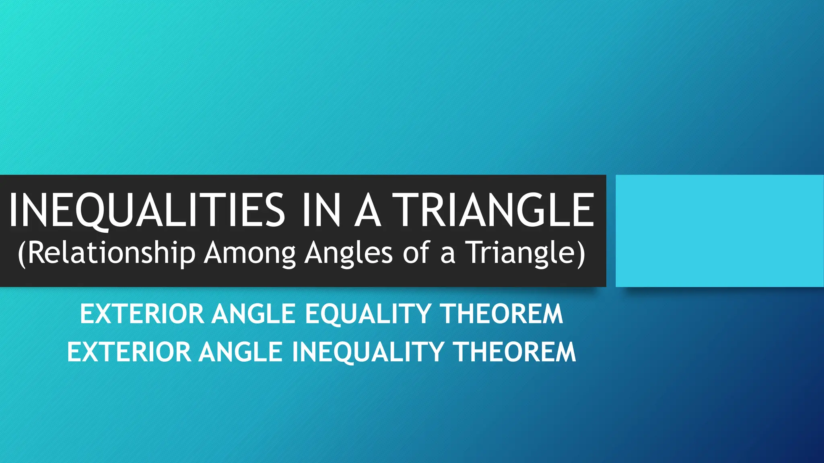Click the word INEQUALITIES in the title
click(x=147, y=210)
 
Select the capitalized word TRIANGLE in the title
click(x=493, y=210)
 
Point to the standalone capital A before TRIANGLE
click(x=368, y=210)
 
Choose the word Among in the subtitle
click(x=249, y=253)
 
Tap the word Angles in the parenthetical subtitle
click(x=348, y=253)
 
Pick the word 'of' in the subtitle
click(x=416, y=253)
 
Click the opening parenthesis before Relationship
click(x=22, y=254)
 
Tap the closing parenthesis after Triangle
click(x=581, y=254)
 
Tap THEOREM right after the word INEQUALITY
click(x=515, y=352)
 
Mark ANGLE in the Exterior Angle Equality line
click(x=254, y=314)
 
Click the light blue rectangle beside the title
click(x=719, y=231)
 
